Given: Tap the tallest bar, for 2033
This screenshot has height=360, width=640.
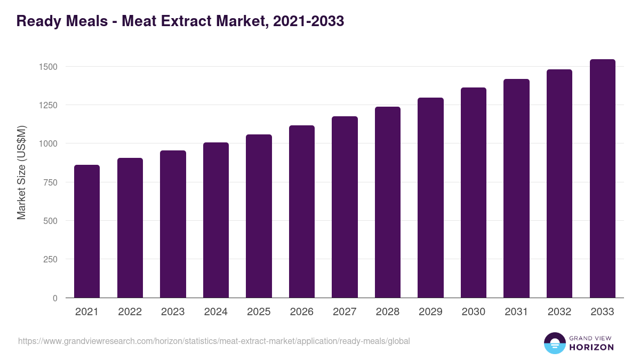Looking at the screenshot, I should [602, 178].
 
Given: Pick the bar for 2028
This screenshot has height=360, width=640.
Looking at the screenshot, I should [388, 202].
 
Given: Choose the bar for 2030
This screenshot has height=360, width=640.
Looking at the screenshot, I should [474, 193].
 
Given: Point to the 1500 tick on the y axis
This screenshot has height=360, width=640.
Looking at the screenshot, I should [47, 67].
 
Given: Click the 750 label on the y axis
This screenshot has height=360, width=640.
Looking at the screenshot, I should [50, 182].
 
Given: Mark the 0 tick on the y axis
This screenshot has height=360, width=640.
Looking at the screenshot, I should [55, 298].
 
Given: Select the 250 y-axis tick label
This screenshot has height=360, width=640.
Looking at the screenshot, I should [50, 259].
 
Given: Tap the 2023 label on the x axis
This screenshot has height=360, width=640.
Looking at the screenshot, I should [173, 312].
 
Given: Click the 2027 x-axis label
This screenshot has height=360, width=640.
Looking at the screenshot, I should [345, 312].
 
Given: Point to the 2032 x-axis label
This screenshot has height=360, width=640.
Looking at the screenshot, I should [559, 312].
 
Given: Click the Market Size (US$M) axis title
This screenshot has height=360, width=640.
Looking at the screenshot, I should [21, 172].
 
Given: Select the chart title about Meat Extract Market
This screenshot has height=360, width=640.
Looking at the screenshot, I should [180, 21].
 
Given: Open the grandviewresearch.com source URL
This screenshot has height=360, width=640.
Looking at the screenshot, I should [214, 341].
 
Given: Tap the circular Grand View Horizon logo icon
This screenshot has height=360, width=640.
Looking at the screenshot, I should [554, 343].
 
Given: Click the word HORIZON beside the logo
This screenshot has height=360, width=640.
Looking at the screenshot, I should [591, 347].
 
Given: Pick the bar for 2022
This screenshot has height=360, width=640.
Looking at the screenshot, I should [130, 228].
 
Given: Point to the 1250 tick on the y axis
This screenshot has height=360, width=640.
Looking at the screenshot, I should [47, 105].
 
